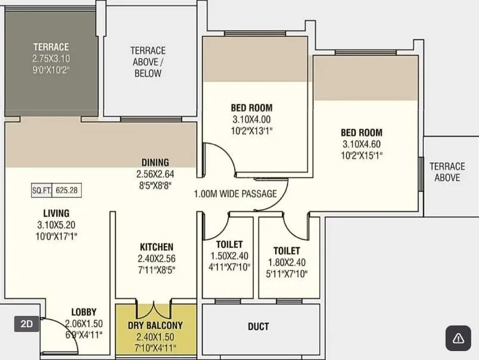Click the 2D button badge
[x=27, y=324]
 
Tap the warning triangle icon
[x=458, y=338]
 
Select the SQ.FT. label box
[x=42, y=191]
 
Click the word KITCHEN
[x=157, y=247]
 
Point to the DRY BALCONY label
[x=155, y=325]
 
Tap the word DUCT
[x=258, y=326]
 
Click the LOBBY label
[x=83, y=312]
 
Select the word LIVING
[x=56, y=213]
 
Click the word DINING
[x=155, y=162]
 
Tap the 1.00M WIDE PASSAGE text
[x=235, y=194]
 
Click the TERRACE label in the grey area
[x=51, y=47]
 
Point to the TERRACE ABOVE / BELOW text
[x=148, y=62]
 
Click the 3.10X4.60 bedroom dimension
[x=362, y=144]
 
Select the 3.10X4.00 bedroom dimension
[x=251, y=119]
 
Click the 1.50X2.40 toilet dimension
[x=229, y=256]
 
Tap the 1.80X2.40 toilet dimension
[x=287, y=262]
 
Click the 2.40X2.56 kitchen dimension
[x=157, y=258]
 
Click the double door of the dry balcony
[x=155, y=310]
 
